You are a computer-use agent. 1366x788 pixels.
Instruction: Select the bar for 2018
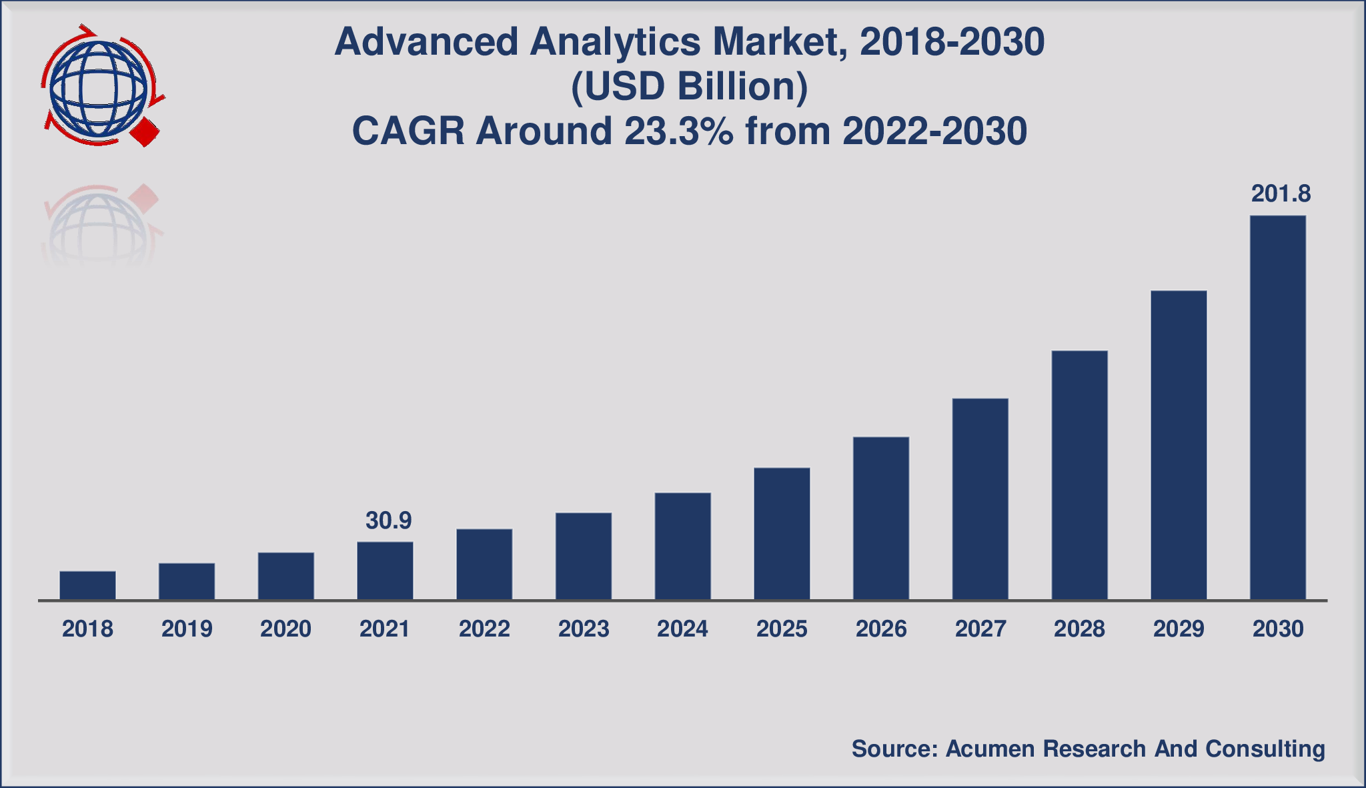click(87, 585)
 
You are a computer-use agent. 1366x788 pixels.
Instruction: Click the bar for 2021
click(385, 570)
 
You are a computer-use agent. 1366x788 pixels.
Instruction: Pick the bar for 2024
click(682, 546)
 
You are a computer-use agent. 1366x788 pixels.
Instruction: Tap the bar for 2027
click(980, 498)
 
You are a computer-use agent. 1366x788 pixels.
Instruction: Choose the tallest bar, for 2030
click(1277, 407)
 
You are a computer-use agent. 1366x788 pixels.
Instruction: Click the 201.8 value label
click(1281, 194)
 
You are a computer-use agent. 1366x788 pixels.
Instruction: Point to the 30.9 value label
click(388, 520)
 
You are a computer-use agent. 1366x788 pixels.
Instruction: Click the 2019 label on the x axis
click(187, 629)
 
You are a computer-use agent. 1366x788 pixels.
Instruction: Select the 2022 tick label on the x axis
click(484, 629)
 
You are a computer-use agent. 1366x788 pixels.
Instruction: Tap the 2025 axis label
click(782, 629)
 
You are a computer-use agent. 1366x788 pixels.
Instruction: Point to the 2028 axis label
click(1079, 629)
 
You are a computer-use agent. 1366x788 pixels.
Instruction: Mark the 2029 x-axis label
click(1179, 629)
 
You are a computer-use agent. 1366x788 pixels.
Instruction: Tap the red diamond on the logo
click(145, 132)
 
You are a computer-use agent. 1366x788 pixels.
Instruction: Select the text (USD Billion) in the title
click(689, 87)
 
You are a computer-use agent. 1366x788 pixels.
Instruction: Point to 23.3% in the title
click(678, 131)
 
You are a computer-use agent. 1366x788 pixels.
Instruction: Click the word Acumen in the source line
click(990, 749)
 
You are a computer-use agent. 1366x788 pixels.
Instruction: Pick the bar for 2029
click(1179, 445)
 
